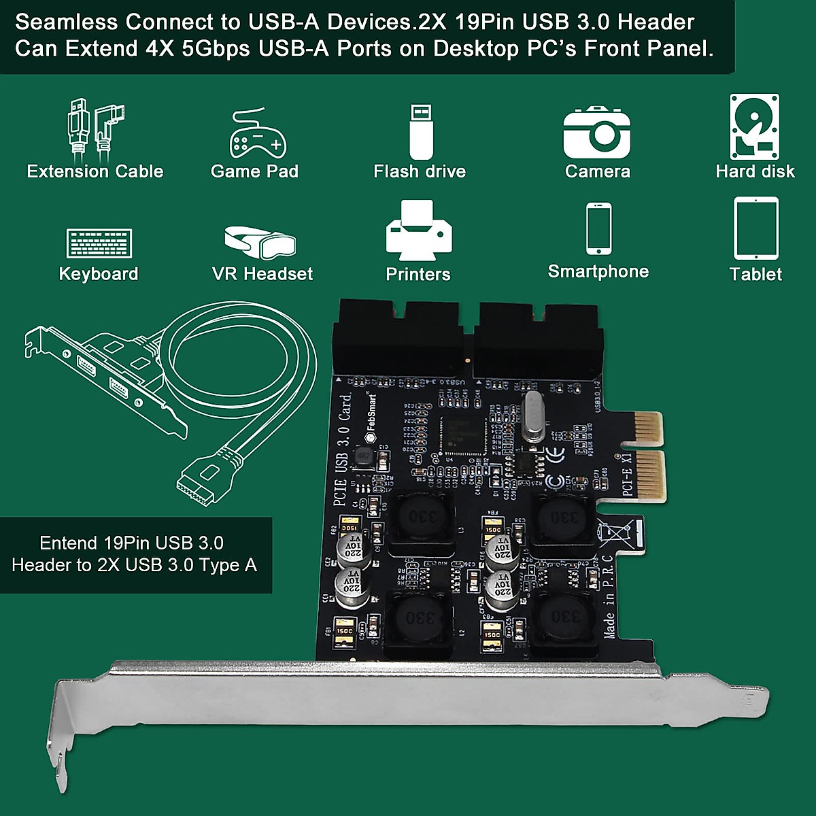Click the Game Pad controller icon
pyautogui.click(x=257, y=133)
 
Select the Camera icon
pyautogui.click(x=597, y=133)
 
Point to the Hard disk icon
pyautogui.click(x=754, y=127)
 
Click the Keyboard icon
pyautogui.click(x=99, y=243)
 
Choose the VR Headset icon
pyautogui.click(x=260, y=241)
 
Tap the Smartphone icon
pyautogui.click(x=598, y=228)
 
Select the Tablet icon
pyautogui.click(x=756, y=228)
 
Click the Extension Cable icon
pyautogui.click(x=95, y=129)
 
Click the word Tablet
pyautogui.click(x=755, y=274)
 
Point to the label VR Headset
pyautogui.click(x=262, y=274)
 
